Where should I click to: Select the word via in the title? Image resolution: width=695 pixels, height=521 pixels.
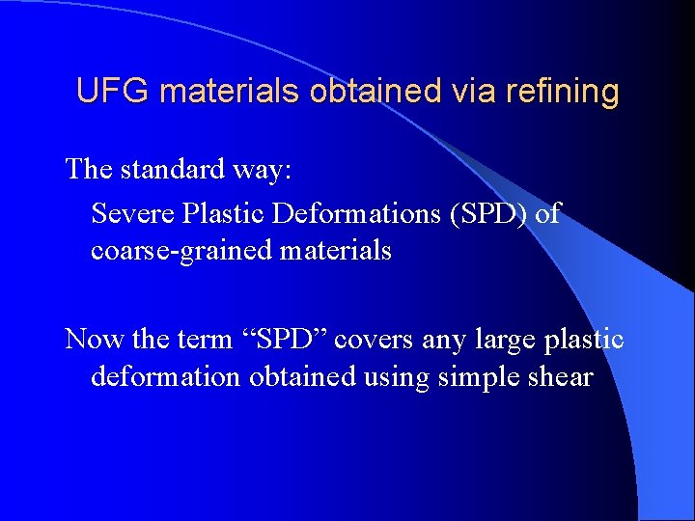[477, 91]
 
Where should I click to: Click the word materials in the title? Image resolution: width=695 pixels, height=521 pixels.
[233, 91]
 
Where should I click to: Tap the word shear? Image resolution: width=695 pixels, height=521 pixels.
[559, 376]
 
